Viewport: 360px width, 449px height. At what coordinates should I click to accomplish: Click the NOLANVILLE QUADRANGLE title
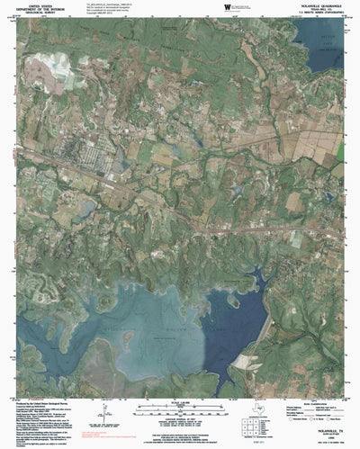pyautogui.click(x=316, y=7)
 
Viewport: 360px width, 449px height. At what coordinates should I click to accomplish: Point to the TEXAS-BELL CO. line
pyautogui.click(x=316, y=11)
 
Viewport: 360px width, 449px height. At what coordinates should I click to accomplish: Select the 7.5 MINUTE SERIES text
pyautogui.click(x=316, y=14)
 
